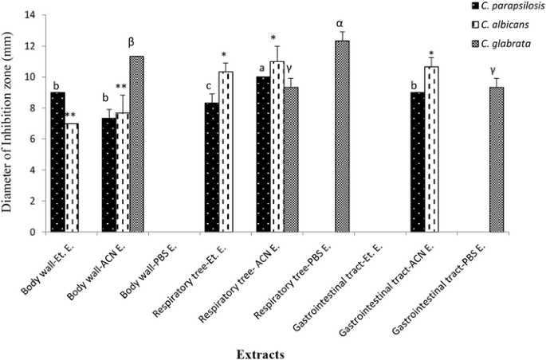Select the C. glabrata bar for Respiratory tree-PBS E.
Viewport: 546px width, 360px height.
[340, 136]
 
